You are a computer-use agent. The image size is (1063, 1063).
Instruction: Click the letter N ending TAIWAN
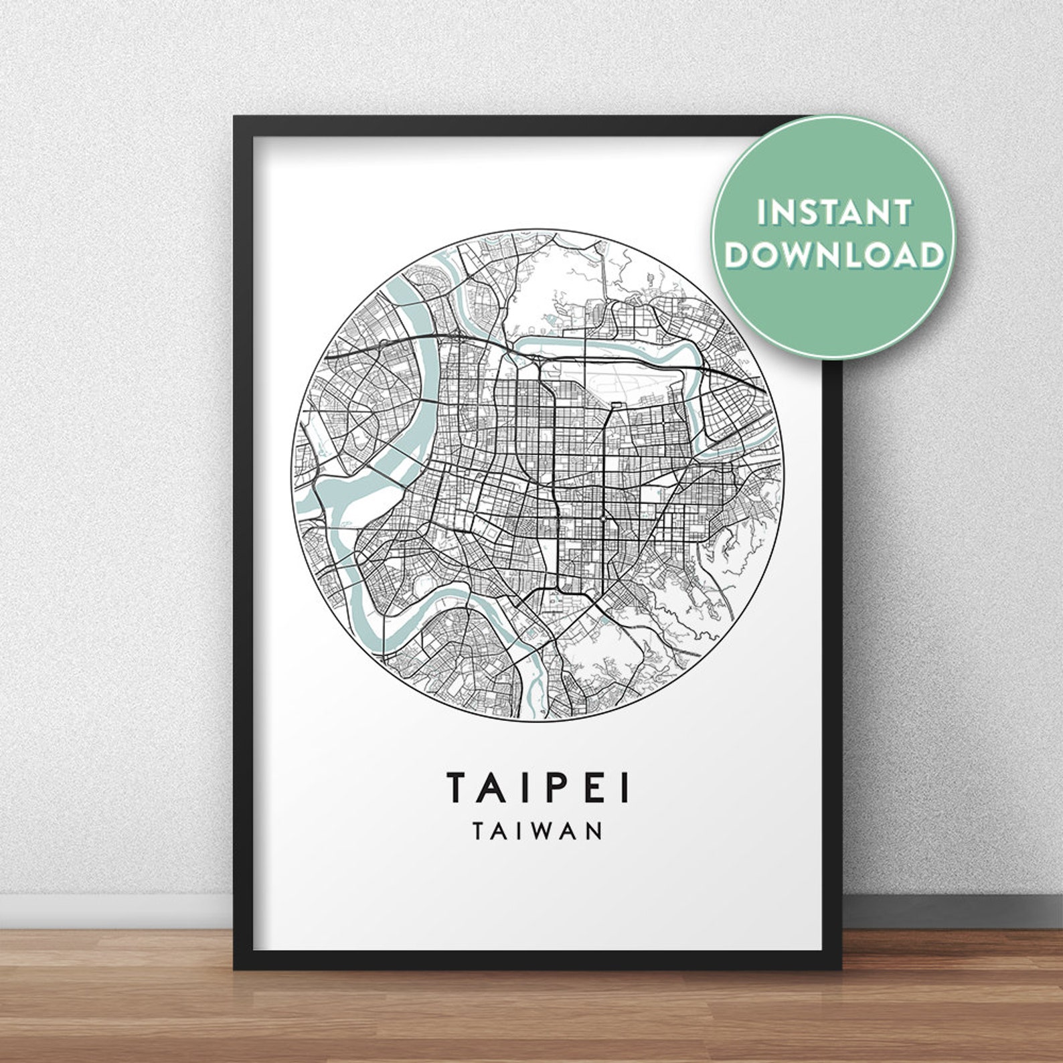[x=593, y=831]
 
